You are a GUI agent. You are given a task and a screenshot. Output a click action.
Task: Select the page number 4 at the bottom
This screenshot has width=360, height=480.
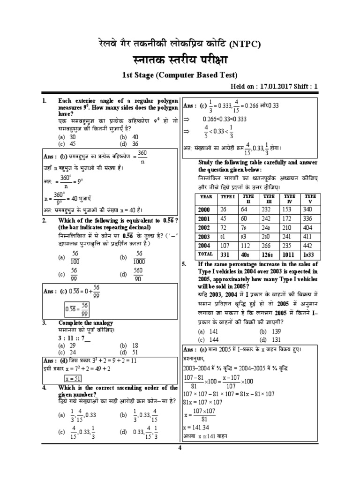click(179, 447)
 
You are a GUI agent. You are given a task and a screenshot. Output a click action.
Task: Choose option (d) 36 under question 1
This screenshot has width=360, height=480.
click(128, 143)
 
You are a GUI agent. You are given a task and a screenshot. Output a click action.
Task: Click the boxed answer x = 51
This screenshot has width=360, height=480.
click(74, 378)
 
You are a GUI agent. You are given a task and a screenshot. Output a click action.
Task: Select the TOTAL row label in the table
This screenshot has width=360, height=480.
click(206, 254)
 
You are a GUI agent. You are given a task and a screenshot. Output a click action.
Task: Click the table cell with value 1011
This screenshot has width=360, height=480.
click(289, 255)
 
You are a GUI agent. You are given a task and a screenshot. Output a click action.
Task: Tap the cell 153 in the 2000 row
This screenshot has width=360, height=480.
click(287, 209)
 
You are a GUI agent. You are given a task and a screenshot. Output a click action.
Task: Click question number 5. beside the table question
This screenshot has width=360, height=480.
click(184, 264)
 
